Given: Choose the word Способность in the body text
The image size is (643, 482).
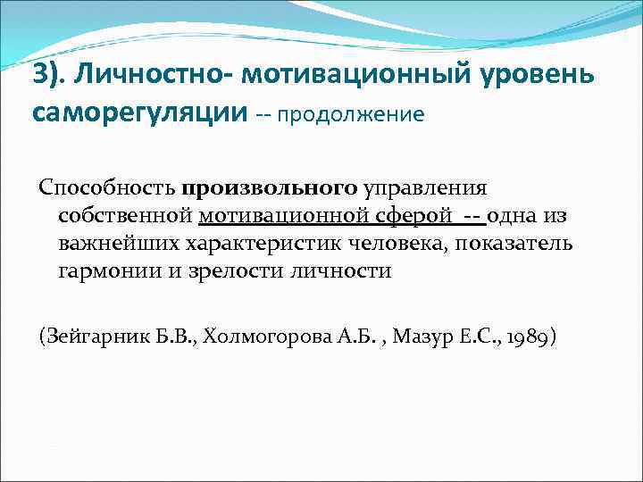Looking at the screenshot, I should [x=106, y=188].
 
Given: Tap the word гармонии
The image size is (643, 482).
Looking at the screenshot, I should [x=107, y=270].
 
